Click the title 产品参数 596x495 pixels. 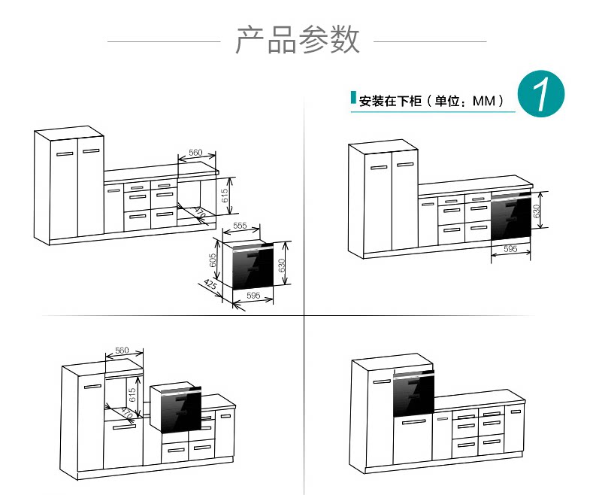pyautogui.click(x=298, y=40)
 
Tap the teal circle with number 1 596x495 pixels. pyautogui.click(x=542, y=96)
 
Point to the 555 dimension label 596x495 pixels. pyautogui.click(x=240, y=226)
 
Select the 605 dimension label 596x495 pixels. pyautogui.click(x=213, y=260)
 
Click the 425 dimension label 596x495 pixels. pyautogui.click(x=210, y=287)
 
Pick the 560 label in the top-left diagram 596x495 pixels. pyautogui.click(x=195, y=153)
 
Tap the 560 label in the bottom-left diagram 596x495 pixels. pyautogui.click(x=123, y=351)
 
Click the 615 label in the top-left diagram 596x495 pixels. pyautogui.click(x=225, y=196)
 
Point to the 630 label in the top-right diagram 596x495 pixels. pyautogui.click(x=537, y=211)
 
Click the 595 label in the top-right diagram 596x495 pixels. pyautogui.click(x=510, y=249)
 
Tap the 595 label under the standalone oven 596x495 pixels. pyautogui.click(x=253, y=296)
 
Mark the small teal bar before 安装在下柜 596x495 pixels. pyautogui.click(x=353, y=99)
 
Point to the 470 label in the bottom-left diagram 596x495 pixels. pyautogui.click(x=127, y=413)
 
